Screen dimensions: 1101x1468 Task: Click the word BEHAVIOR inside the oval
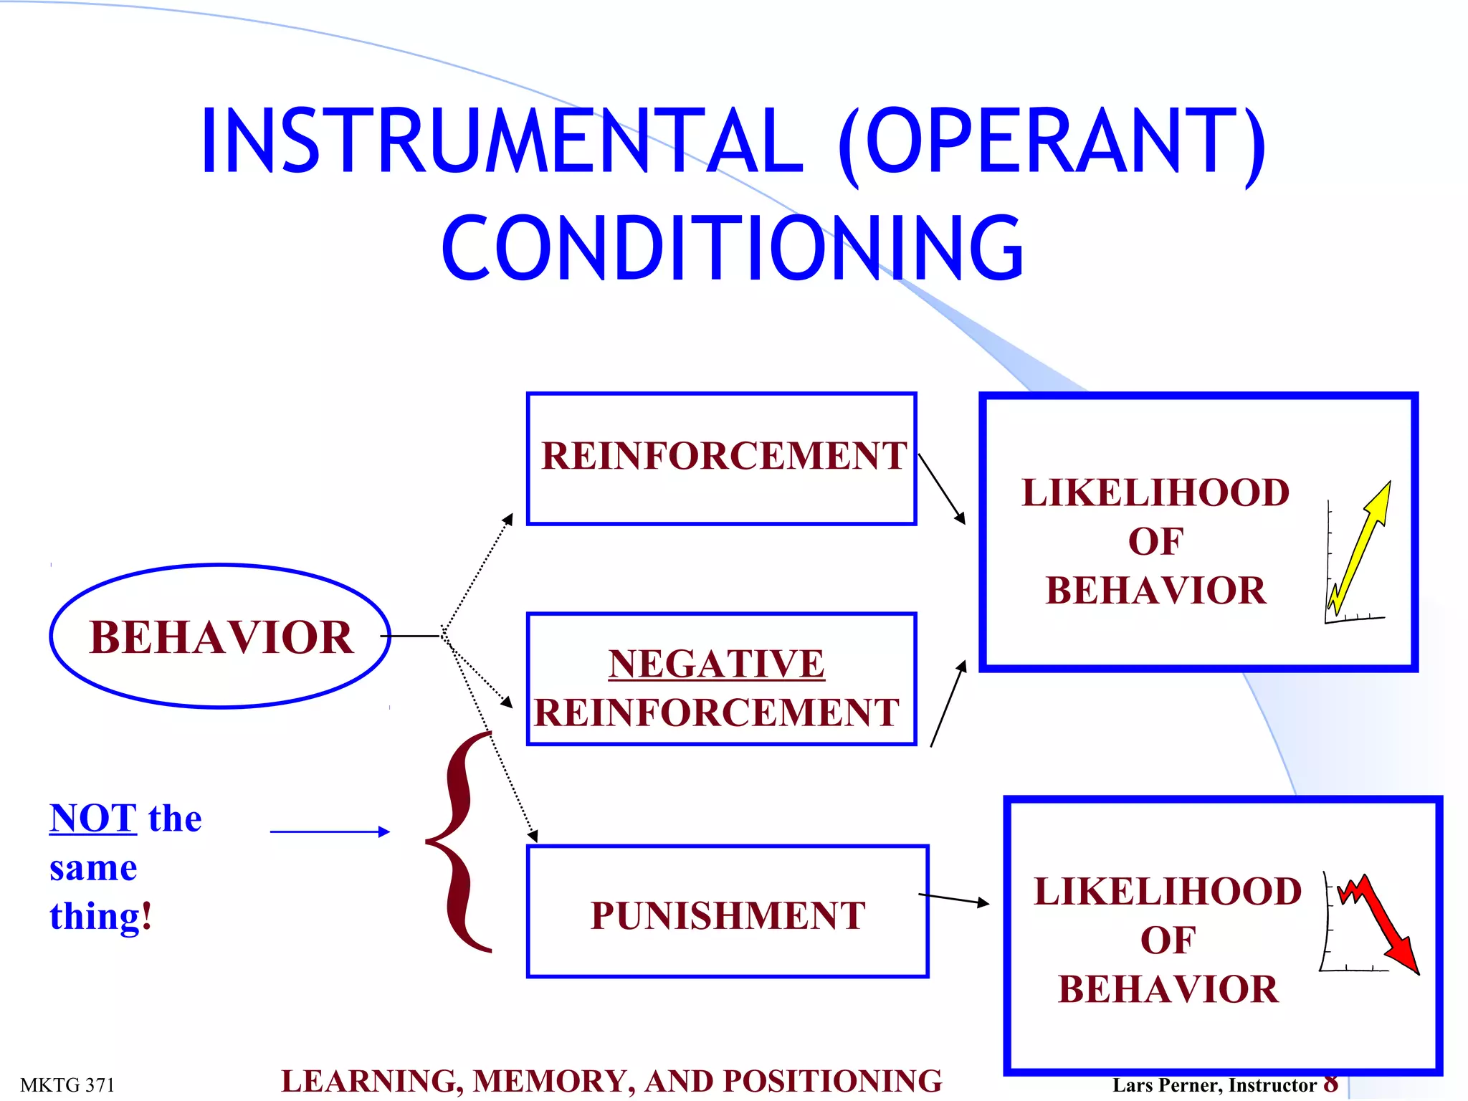(221, 637)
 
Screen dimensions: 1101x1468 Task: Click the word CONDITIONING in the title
(733, 248)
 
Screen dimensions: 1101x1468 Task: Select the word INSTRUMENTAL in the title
(502, 140)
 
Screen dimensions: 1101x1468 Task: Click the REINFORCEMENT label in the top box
(723, 456)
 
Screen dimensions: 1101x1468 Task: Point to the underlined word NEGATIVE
(716, 663)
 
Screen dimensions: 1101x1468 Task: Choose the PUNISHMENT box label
(728, 915)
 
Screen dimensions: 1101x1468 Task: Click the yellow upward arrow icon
(1360, 548)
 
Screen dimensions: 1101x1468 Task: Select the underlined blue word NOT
(93, 819)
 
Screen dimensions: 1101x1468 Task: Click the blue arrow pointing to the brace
(330, 831)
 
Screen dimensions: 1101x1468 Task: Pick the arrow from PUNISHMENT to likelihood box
(953, 900)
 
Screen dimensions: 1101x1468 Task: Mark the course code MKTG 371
(67, 1085)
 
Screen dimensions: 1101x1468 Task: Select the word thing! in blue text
(100, 917)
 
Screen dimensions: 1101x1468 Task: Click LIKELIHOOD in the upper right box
(1155, 493)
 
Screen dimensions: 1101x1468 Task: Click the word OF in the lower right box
(1168, 940)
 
